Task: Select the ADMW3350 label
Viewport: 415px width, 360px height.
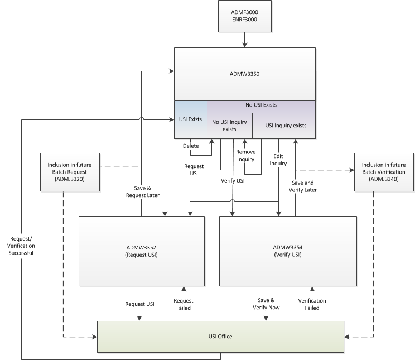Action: click(x=245, y=73)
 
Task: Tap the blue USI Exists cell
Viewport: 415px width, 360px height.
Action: click(x=190, y=118)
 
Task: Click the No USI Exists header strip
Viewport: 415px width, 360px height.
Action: click(x=261, y=105)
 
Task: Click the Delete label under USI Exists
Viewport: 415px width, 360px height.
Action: click(x=191, y=146)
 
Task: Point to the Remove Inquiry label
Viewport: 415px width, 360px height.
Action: click(x=245, y=156)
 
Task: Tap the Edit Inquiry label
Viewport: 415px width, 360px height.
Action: click(x=278, y=160)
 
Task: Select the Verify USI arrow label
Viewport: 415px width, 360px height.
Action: click(x=232, y=181)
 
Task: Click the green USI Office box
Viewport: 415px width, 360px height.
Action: click(x=220, y=337)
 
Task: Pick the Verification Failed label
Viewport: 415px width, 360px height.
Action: click(x=312, y=304)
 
